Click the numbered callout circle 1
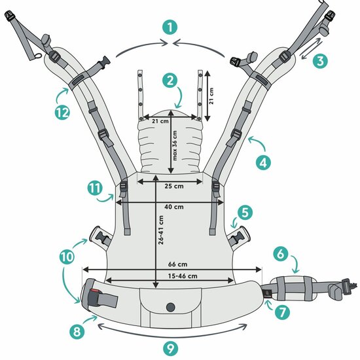(170, 27)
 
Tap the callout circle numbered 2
(170, 81)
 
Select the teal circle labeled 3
(320, 61)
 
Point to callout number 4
(263, 162)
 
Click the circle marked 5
(245, 213)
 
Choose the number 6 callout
(281, 254)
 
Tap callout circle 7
(282, 312)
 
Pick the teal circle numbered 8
(77, 331)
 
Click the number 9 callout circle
(170, 349)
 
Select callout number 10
(67, 257)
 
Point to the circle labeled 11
(95, 189)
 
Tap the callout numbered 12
(62, 113)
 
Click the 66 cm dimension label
(177, 264)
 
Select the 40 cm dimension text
(174, 207)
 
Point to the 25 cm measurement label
(174, 186)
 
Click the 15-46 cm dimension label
(183, 276)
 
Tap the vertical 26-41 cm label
(161, 230)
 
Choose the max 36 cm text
(175, 145)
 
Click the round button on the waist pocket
(171, 307)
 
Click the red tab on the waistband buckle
(94, 291)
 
